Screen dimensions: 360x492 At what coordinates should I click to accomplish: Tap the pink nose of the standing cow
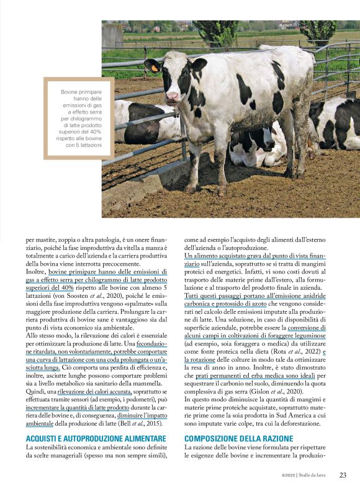point(172,97)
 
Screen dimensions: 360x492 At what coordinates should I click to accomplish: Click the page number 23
point(343,475)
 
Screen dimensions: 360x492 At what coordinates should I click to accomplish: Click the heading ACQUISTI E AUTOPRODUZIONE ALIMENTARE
point(92,438)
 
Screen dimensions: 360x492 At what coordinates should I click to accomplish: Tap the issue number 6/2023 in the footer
point(284,475)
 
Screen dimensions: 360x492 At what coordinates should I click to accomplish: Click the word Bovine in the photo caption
point(72,92)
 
